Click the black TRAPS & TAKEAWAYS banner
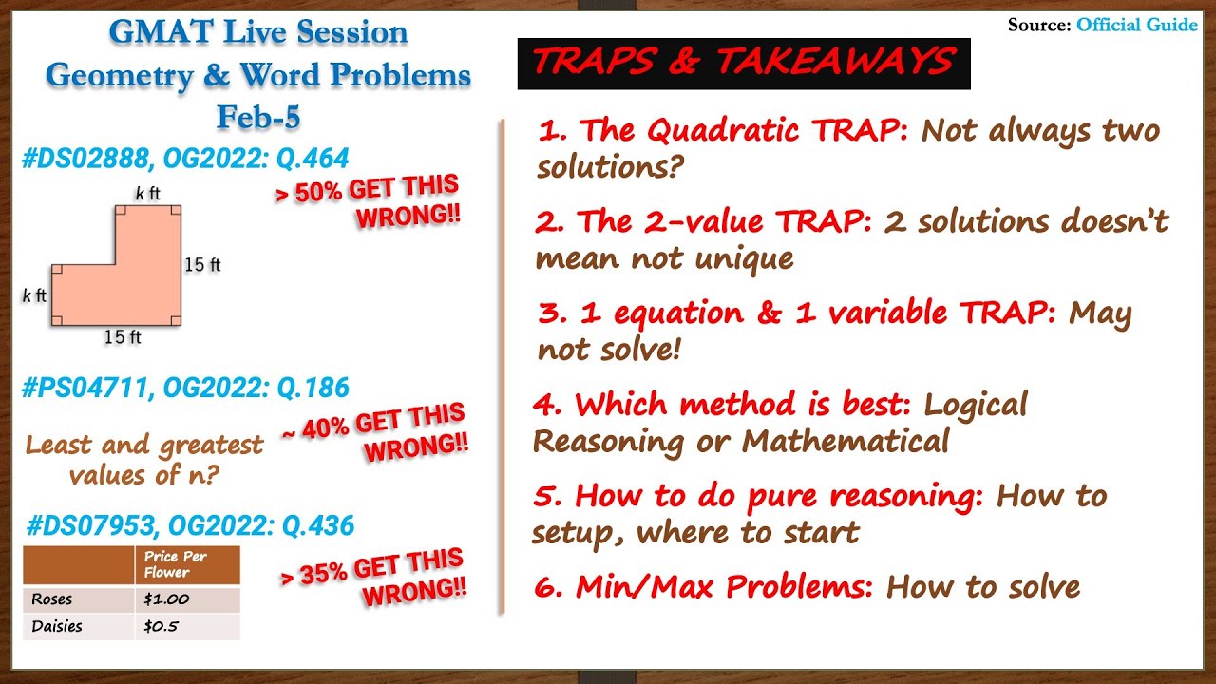(743, 63)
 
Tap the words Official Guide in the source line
(1136, 25)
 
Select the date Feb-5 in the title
(257, 117)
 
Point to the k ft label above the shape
(147, 194)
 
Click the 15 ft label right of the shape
(202, 264)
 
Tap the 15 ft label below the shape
(123, 337)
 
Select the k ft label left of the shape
(34, 295)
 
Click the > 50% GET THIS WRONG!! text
(370, 200)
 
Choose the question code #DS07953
(89, 525)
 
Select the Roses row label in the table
(51, 599)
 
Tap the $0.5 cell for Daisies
(161, 626)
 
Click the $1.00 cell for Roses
(165, 599)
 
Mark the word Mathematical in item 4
(845, 441)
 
